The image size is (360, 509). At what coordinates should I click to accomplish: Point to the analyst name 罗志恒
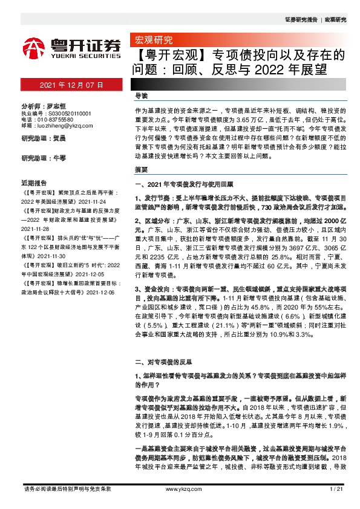58,105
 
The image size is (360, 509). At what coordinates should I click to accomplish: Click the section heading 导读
141,96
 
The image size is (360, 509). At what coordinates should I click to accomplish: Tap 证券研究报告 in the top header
301,19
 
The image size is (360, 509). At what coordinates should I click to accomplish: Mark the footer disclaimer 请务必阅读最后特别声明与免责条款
66,488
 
